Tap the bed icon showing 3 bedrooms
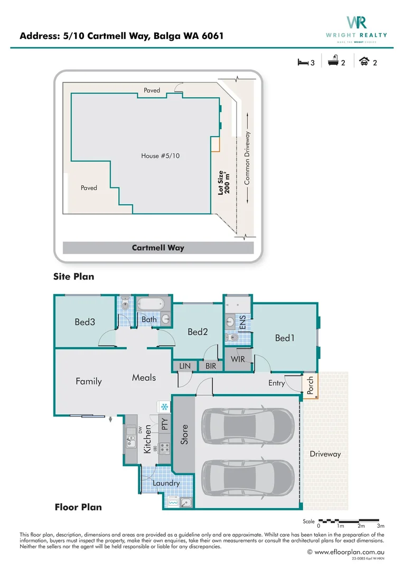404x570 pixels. [303, 62]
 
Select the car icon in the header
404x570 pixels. [364, 62]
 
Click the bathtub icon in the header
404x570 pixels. [333, 62]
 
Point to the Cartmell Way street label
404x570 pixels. [158, 248]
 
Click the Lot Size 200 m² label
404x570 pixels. [223, 183]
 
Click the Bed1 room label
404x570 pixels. [285, 338]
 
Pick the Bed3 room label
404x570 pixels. [84, 321]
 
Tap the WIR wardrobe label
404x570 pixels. [237, 359]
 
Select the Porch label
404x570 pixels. [310, 385]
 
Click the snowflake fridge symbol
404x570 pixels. [164, 407]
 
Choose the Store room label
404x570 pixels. [184, 433]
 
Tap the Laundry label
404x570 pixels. [166, 483]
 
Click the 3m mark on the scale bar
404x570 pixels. [381, 526]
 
